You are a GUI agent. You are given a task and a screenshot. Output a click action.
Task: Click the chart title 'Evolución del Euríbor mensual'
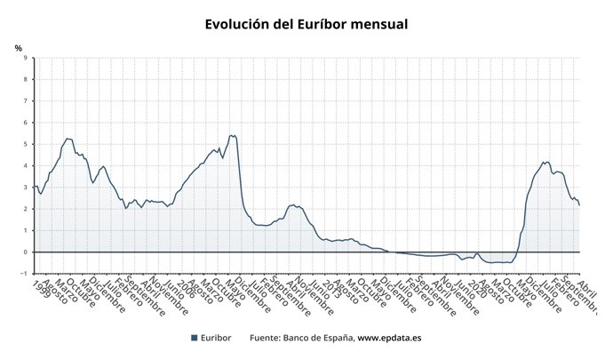point(306,25)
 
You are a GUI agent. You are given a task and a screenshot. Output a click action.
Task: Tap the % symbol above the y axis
point(18,48)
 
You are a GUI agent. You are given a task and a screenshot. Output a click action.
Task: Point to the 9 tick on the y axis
point(25,59)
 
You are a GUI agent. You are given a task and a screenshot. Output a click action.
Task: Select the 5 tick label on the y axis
point(25,144)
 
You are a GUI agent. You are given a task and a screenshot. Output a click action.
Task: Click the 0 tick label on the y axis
point(25,252)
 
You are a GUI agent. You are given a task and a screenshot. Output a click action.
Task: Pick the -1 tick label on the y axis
point(24,273)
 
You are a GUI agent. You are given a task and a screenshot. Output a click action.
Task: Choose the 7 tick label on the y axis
point(25,101)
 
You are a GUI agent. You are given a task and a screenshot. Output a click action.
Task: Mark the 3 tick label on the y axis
point(25,188)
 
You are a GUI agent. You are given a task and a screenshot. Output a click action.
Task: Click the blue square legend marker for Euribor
point(195,338)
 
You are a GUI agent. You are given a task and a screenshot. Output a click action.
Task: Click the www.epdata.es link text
point(389,338)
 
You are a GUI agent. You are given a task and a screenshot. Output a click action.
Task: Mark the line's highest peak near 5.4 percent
point(233,135)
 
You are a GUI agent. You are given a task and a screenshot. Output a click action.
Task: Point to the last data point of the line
point(579,204)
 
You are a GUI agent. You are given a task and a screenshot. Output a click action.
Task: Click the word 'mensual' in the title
point(372,25)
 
